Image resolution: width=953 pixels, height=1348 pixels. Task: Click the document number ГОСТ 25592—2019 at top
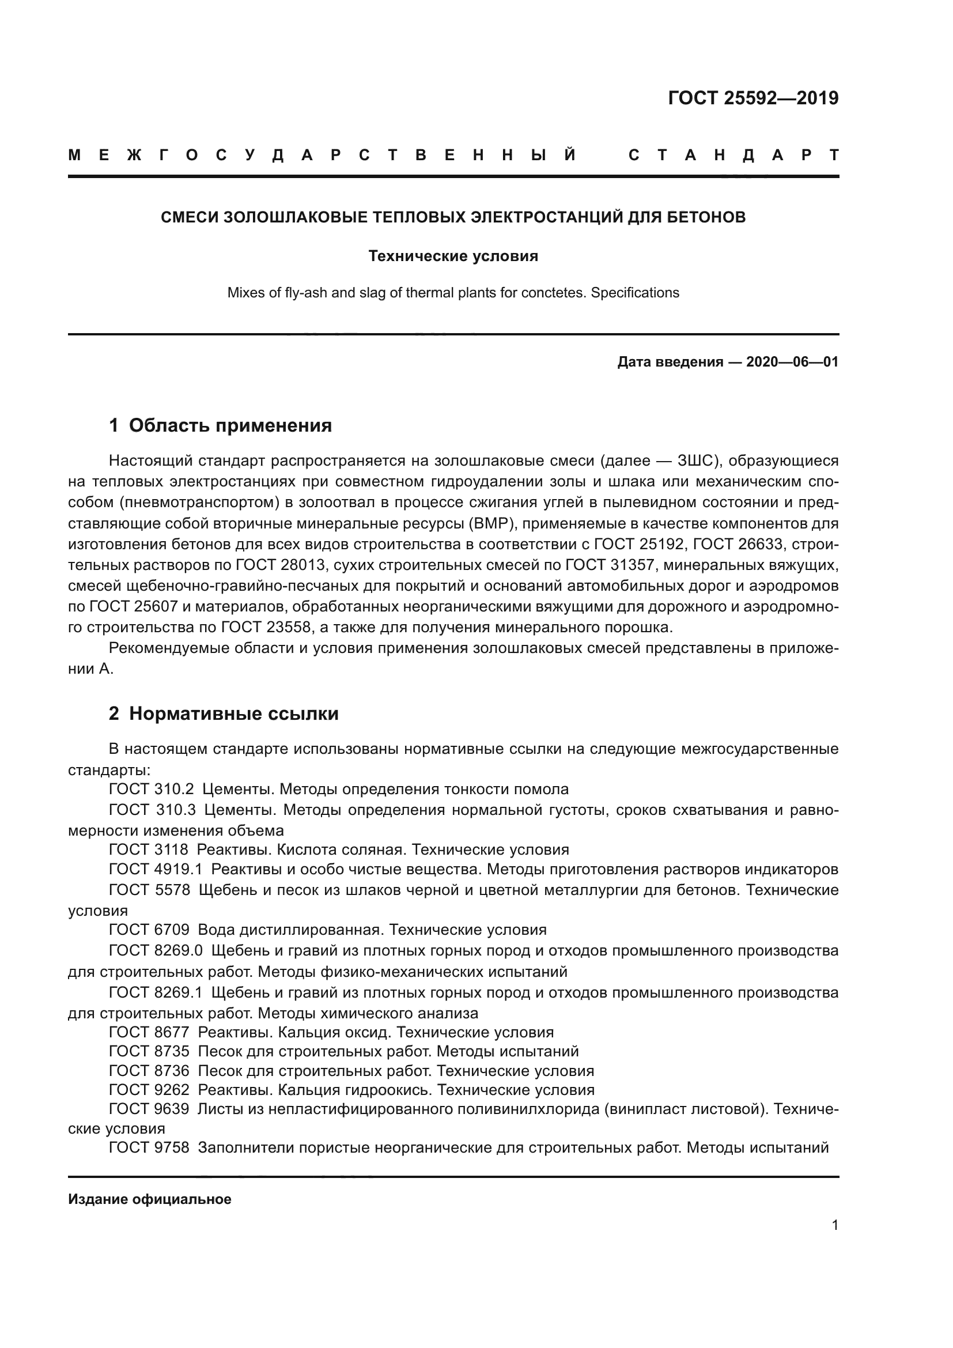[x=753, y=98]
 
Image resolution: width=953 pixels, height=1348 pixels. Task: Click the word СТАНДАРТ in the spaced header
[x=733, y=156]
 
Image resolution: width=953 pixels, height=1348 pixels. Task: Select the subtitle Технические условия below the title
[x=453, y=256]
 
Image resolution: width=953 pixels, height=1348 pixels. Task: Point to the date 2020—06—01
[x=792, y=363]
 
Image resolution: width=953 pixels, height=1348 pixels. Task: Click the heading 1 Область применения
[x=221, y=426]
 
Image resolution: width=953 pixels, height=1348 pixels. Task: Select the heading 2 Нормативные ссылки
[x=224, y=714]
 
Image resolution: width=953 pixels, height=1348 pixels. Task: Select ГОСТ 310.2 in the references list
[x=152, y=790]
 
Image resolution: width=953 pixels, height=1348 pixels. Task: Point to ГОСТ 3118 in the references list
[x=149, y=849]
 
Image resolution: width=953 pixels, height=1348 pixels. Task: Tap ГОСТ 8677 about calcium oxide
[x=149, y=1032]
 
